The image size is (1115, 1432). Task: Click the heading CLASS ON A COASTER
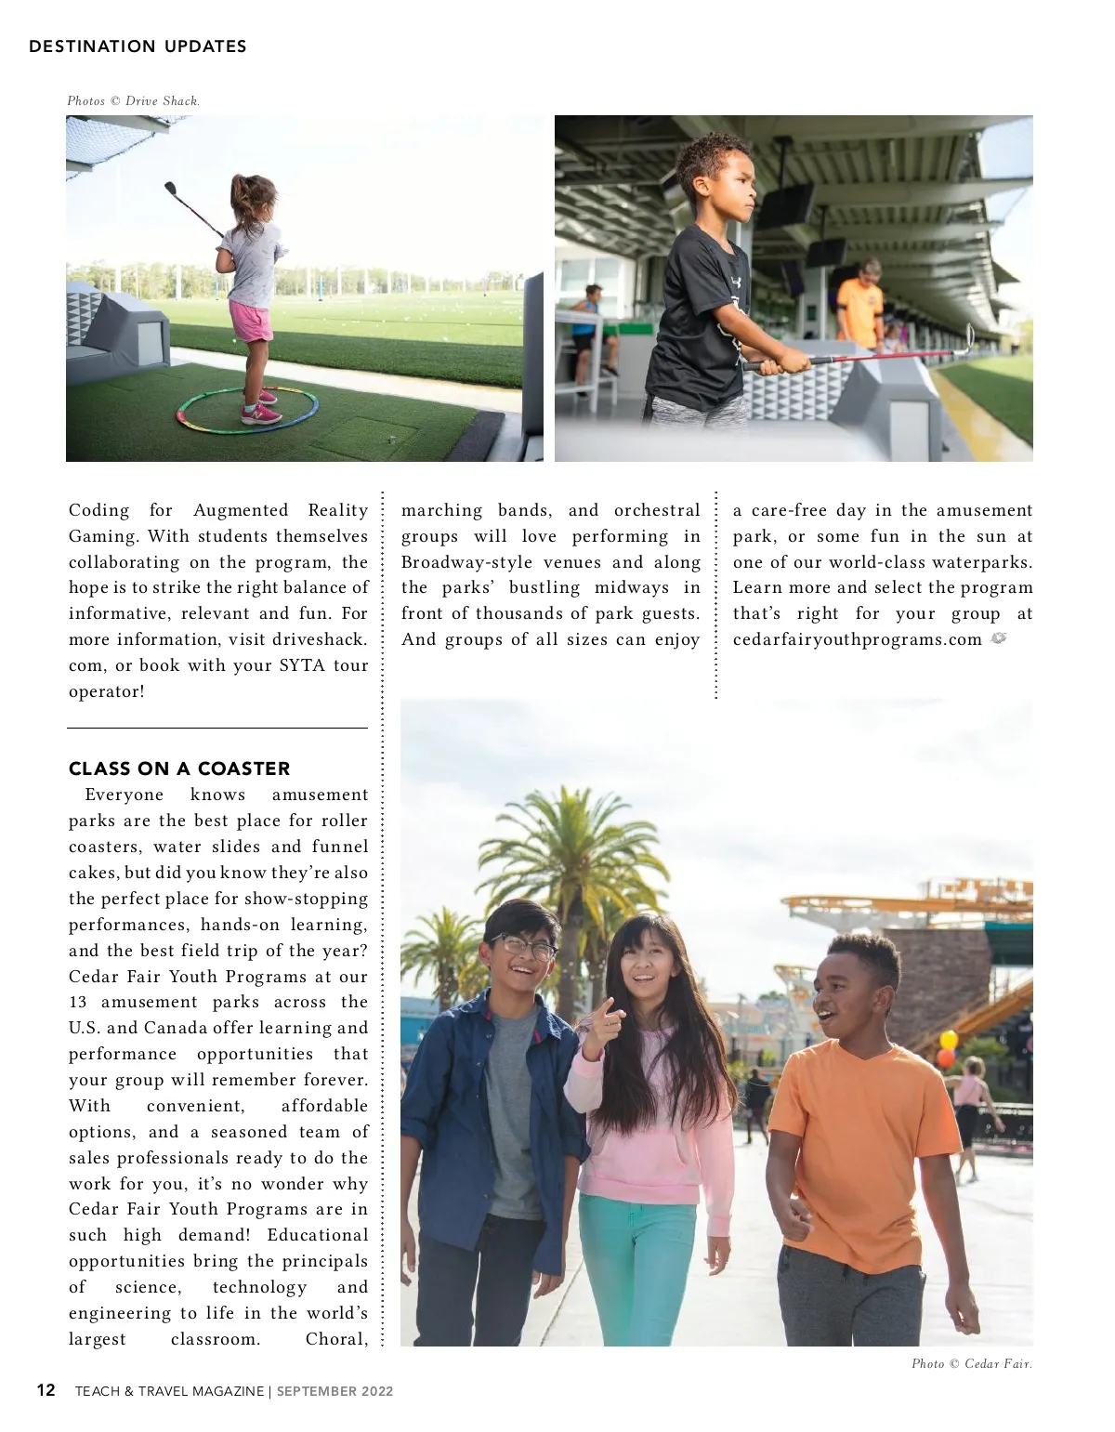(179, 769)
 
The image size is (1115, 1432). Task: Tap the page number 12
(46, 1390)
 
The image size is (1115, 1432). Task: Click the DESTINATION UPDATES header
(138, 46)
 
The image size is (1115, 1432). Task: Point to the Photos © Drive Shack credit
(133, 101)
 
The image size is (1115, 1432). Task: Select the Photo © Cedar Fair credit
(971, 1363)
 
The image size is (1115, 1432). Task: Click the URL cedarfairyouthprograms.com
(857, 639)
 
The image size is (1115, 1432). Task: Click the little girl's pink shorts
(251, 322)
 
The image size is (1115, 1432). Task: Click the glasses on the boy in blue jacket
(526, 947)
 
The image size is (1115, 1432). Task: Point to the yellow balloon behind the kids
(949, 1040)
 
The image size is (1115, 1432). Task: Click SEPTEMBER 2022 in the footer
(334, 1391)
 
